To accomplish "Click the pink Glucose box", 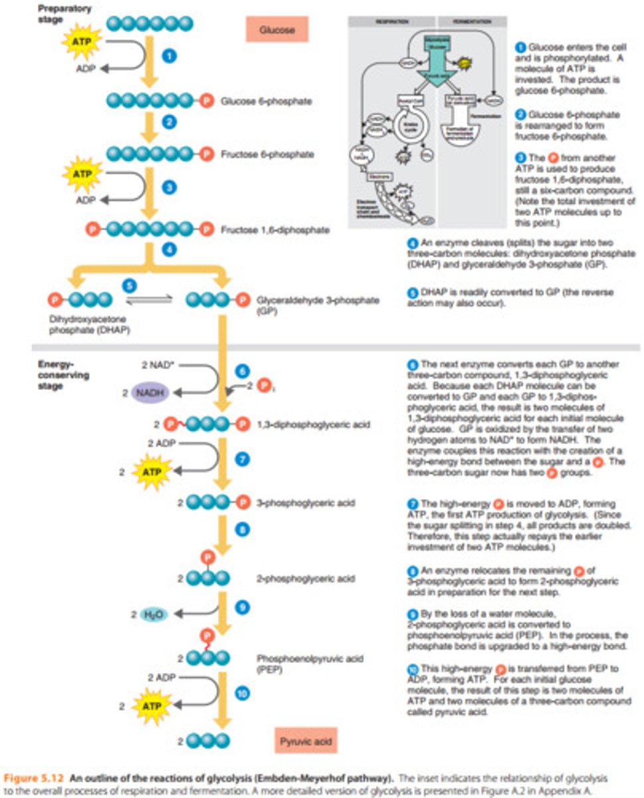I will tap(273, 29).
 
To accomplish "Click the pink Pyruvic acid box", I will tap(306, 739).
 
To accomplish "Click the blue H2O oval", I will tap(153, 614).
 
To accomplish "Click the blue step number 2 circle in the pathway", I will tap(170, 122).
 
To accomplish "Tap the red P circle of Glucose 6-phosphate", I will tap(207, 101).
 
